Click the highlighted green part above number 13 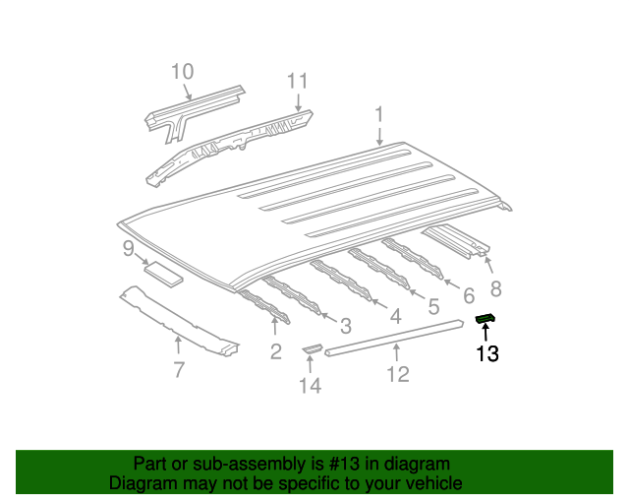485,319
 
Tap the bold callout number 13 487,354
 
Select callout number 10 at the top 183,72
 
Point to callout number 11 297,81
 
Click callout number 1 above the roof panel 379,115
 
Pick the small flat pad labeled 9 164,275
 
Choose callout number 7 179,370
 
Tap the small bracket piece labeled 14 313,348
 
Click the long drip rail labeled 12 394,338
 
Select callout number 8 496,288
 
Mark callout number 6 469,296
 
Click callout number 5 433,307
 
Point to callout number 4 395,316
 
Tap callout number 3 346,326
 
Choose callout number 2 276,351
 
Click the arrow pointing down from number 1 379,135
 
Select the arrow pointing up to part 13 486,333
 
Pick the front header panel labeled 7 179,321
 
